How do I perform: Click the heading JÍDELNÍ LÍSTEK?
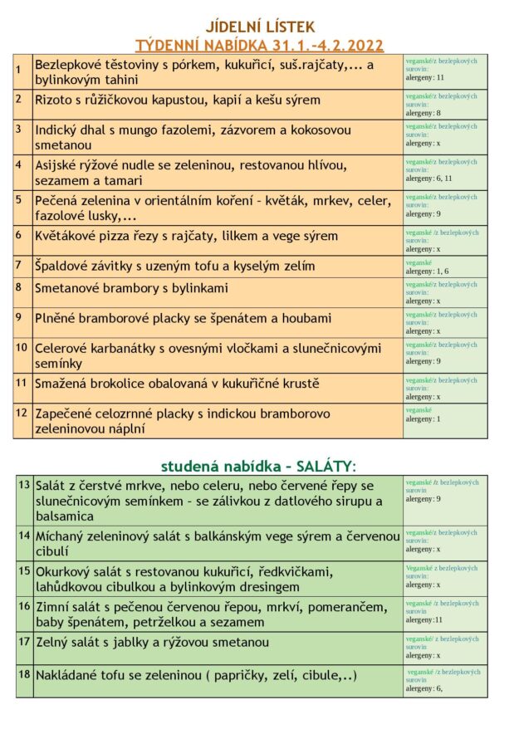[x=260, y=27]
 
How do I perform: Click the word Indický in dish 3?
[x=61, y=130]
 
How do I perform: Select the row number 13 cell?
[x=24, y=484]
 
